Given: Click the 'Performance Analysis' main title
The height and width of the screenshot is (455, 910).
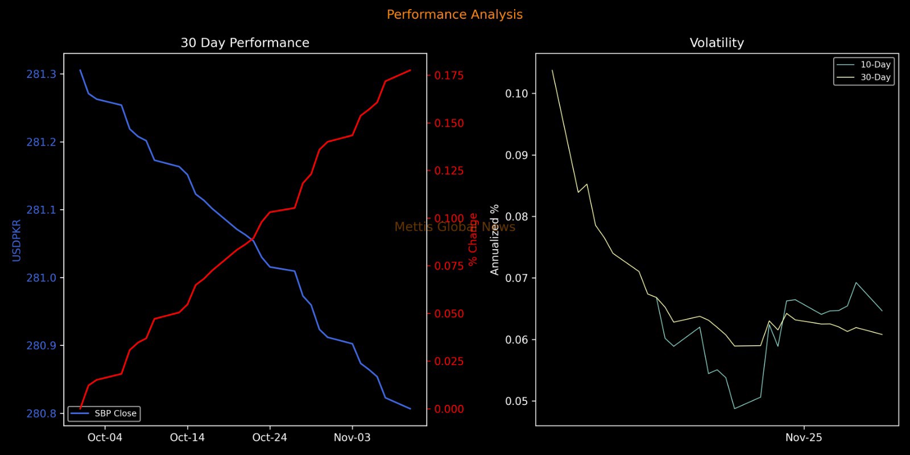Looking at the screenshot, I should [x=454, y=15].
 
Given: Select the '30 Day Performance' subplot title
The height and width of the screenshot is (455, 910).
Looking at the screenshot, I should [x=245, y=43].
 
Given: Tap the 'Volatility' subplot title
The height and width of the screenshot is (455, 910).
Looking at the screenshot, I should [x=717, y=43].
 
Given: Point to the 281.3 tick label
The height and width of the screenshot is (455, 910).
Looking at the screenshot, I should [x=42, y=75].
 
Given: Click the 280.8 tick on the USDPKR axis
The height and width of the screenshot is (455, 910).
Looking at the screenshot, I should [x=42, y=413].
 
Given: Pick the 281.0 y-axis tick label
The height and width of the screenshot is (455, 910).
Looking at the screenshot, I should [x=42, y=278].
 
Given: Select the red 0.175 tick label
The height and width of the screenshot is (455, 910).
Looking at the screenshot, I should [x=449, y=75].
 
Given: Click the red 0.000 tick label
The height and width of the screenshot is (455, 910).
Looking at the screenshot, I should [x=449, y=409].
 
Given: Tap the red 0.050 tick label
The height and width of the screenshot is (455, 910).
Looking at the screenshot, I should [x=449, y=314].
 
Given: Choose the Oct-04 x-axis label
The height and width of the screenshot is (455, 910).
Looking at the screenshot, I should [x=105, y=437].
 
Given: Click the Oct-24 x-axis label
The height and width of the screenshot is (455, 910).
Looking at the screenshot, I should [x=270, y=437].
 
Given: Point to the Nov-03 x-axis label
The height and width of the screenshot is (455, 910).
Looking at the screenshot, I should [x=352, y=437].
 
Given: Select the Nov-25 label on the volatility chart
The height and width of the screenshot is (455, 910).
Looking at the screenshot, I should [x=804, y=437].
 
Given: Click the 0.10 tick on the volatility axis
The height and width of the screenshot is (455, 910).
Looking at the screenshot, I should [x=517, y=94].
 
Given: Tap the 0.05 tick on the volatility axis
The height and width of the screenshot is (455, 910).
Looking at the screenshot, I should [x=517, y=402].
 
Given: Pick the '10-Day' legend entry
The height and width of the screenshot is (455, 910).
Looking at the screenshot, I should [x=875, y=65].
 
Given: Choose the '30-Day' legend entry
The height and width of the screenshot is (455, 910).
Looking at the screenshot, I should [x=875, y=77].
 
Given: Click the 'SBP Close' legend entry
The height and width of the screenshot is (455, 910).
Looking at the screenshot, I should [x=115, y=413].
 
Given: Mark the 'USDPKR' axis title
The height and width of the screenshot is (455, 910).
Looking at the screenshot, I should [x=16, y=240].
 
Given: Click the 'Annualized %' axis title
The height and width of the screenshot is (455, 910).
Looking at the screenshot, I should [x=495, y=239].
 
